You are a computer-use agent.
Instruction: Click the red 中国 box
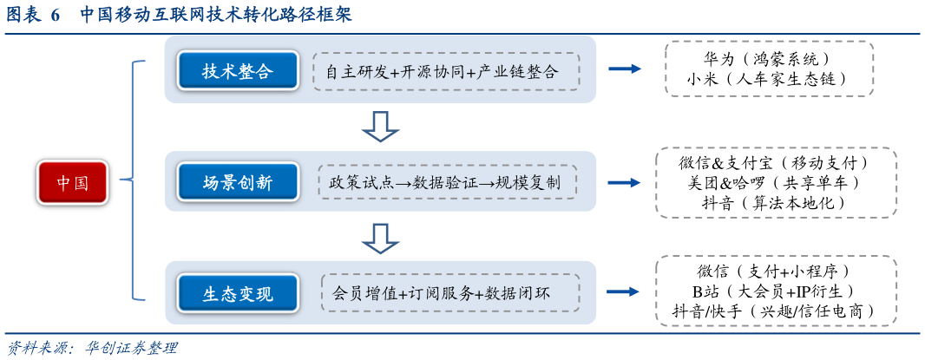point(73,182)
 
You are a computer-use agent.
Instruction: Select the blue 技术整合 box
point(238,71)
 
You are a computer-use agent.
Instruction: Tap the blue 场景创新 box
point(238,182)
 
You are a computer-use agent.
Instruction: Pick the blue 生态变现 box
point(238,293)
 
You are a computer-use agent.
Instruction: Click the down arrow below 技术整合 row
point(380,127)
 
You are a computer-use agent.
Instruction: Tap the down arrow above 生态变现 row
point(380,238)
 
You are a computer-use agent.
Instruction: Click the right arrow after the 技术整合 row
point(625,69)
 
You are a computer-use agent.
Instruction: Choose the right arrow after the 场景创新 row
point(625,182)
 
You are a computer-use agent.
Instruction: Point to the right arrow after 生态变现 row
point(625,292)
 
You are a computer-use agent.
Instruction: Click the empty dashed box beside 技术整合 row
point(769,68)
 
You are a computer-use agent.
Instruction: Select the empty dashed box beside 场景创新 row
point(776,182)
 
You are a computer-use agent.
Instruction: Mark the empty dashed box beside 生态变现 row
point(776,291)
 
